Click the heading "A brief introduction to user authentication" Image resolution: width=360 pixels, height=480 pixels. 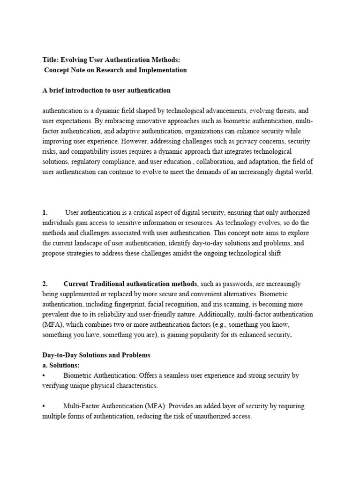106,90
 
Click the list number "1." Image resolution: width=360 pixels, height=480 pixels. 45,212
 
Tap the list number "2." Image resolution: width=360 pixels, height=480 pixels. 45,284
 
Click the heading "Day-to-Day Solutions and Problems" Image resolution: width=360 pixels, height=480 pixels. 96,355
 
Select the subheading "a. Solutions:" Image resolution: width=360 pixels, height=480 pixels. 61,365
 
